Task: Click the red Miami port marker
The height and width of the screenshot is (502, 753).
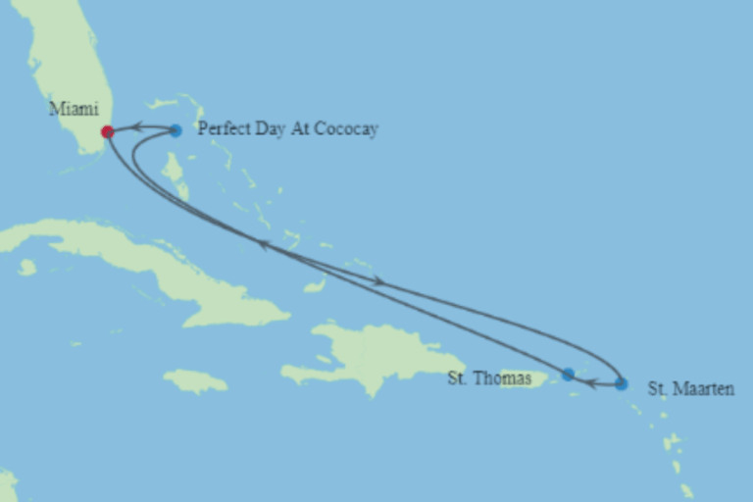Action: coord(107,131)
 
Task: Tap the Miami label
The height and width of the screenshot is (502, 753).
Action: coord(74,109)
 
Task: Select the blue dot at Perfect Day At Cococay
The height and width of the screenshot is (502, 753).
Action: coord(176,130)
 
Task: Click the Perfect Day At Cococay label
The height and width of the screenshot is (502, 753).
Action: coord(287,129)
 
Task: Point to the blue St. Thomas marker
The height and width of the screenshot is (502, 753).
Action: coord(568,374)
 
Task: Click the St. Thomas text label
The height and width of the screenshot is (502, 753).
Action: coord(489,378)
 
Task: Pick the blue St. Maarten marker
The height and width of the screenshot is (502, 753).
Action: coord(622,384)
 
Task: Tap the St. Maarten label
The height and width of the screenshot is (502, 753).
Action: coord(690,389)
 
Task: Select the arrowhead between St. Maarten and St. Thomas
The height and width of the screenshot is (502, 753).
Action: coord(590,382)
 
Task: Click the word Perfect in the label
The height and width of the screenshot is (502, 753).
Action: coord(223,129)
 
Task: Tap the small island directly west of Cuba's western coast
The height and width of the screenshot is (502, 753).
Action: coord(26,267)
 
